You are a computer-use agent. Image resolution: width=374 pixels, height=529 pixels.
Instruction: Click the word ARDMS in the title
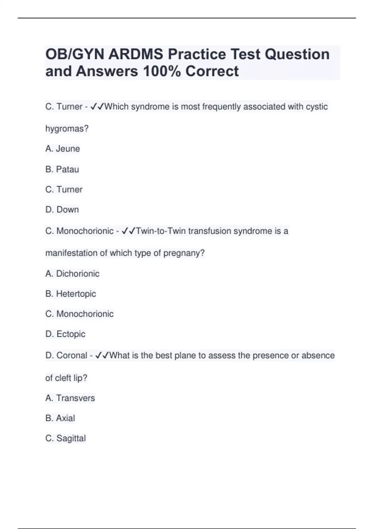(x=136, y=54)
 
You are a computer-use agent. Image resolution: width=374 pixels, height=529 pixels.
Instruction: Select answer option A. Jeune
(x=63, y=149)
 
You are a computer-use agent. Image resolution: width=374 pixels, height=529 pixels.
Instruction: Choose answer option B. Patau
(x=62, y=169)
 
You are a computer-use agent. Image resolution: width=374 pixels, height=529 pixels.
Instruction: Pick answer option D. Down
(x=62, y=210)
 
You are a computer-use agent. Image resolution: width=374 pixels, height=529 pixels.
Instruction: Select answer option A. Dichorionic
(x=72, y=274)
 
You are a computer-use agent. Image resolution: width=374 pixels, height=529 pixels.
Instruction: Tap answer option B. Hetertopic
(x=71, y=294)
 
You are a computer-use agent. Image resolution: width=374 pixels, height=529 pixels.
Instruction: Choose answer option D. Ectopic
(x=65, y=334)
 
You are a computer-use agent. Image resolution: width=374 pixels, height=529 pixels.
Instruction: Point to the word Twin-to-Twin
(x=161, y=231)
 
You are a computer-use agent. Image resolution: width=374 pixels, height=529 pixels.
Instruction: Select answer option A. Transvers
(x=70, y=398)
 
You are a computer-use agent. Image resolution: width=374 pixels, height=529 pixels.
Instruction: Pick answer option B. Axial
(x=60, y=418)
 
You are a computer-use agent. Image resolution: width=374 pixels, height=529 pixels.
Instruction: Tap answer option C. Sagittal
(x=65, y=438)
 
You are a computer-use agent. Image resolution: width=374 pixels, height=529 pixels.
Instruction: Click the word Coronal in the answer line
(x=72, y=355)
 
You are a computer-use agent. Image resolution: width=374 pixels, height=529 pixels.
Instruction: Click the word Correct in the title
(x=212, y=71)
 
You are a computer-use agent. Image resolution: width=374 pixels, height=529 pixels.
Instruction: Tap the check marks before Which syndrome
(x=97, y=107)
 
